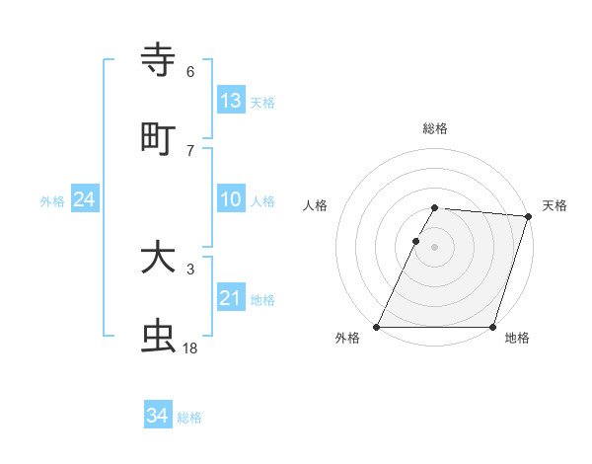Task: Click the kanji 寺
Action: coord(159,60)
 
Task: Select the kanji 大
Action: coord(159,259)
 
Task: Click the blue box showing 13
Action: coord(231,101)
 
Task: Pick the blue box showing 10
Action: coord(231,200)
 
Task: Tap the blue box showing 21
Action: coord(231,299)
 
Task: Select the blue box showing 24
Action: coord(84,200)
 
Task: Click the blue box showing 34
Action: coord(158,416)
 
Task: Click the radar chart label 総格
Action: coord(435,128)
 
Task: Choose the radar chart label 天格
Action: coord(555,205)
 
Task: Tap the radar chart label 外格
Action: coord(347,339)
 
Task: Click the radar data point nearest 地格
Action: coord(492,327)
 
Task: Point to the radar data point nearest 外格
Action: coord(377,327)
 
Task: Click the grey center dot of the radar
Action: coord(435,247)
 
